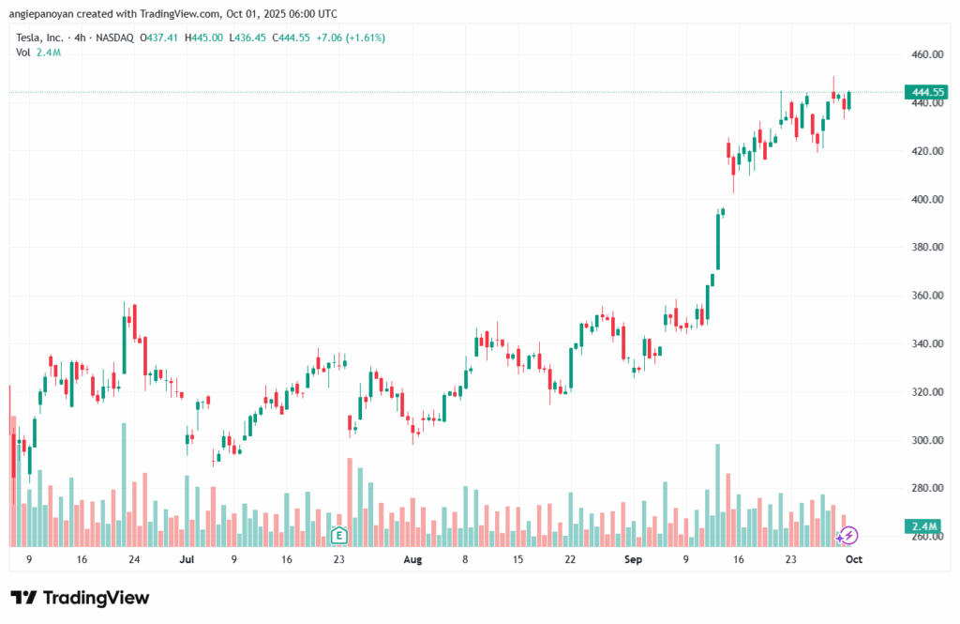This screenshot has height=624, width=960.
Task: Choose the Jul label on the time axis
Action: coord(187,559)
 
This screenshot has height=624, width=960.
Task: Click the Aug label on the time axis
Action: coord(413,559)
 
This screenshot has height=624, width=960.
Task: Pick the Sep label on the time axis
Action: coord(633,559)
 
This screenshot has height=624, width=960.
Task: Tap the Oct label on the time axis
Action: coord(854,559)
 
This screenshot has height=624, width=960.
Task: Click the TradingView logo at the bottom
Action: coord(80,598)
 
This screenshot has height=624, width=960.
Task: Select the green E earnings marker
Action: coord(338,536)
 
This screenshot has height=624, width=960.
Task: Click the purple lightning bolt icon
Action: coord(848,535)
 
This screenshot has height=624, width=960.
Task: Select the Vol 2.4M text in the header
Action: coord(37,53)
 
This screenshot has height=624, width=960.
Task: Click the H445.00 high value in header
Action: coord(205,38)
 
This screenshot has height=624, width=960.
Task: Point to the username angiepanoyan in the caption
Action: coord(47,14)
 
